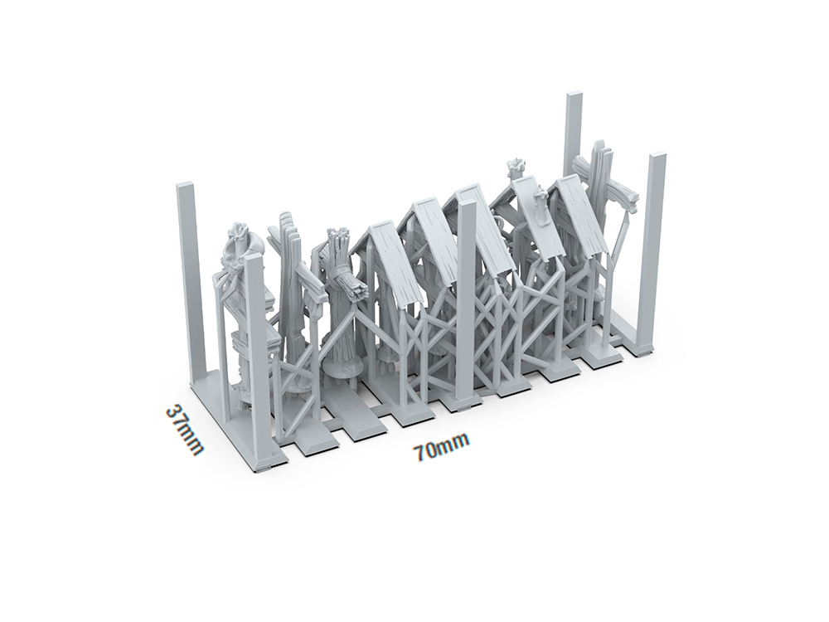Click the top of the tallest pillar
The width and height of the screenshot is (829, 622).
(574, 95)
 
